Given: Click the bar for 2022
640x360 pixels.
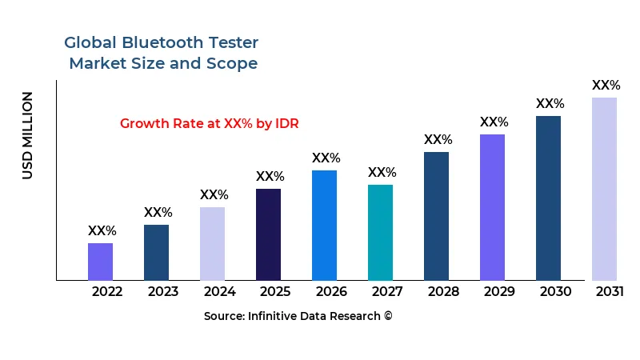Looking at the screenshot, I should pos(100,262).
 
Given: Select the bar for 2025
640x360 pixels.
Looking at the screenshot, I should pos(268,234).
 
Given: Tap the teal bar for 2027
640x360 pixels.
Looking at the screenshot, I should pos(380,232).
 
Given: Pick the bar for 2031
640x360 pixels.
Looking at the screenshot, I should pos(604,189).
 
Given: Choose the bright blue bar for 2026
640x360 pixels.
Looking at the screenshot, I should pos(324,225).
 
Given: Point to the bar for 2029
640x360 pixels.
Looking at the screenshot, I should pos(492,207).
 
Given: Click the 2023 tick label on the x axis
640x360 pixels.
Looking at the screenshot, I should pos(163,291).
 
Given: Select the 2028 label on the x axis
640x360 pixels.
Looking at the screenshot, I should pos(443,291).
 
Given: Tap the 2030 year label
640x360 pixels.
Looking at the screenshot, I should pos(555,291).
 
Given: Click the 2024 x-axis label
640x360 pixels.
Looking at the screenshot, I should pos(219,291).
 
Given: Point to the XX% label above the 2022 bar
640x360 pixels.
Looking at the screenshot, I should pos(102,231).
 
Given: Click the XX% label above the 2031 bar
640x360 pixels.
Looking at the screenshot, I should pos(606,85).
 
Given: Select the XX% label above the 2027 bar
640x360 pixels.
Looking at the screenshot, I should pos(382,173).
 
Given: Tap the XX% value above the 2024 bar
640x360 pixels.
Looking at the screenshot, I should pos(214,195).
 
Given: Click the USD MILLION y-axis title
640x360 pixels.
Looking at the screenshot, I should pos(28,135).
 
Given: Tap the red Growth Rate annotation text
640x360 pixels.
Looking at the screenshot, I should pos(209,123).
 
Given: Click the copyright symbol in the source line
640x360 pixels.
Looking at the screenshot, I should pos(388,316).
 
